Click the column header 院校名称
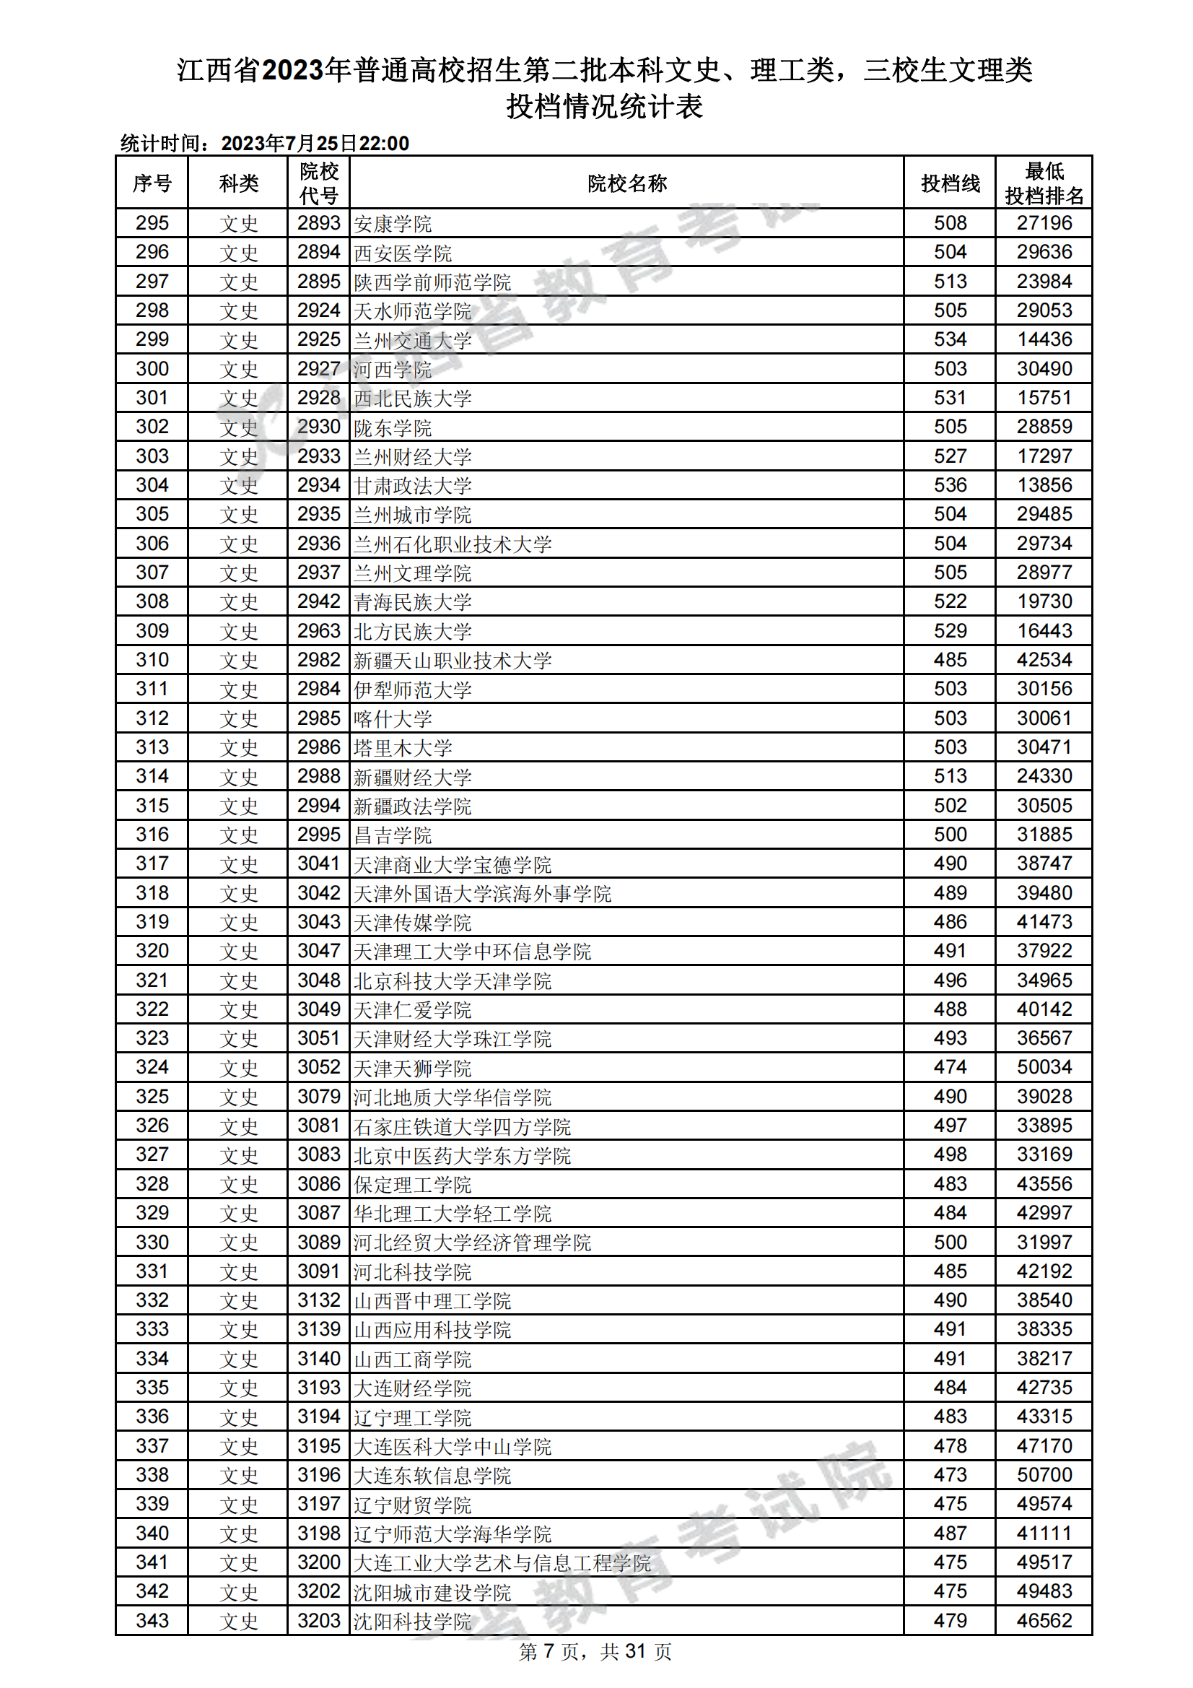pos(626,183)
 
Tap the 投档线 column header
pos(950,183)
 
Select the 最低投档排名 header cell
pos(1044,183)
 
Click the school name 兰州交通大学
pos(412,340)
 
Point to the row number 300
pos(152,369)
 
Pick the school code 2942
pos(318,601)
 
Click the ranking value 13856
pos(1044,485)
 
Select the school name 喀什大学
pos(393,718)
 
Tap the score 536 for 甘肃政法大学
pos(950,485)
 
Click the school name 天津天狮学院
pos(412,1068)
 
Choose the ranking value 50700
pos(1044,1475)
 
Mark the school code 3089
pos(318,1243)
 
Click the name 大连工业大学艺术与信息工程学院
pos(502,1562)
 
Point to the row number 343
pos(152,1620)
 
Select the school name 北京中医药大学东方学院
pos(462,1155)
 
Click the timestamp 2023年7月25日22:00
pos(315,144)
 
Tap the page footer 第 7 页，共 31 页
pos(595,1652)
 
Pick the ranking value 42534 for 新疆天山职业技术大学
pos(1044,660)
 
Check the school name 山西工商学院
pos(412,1359)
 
